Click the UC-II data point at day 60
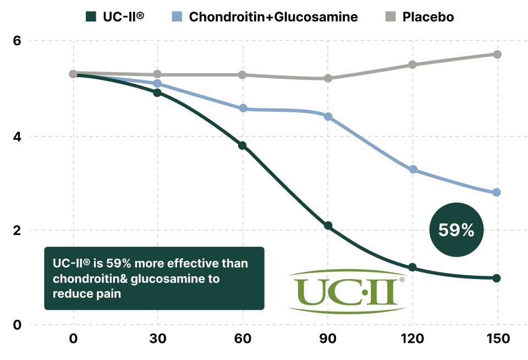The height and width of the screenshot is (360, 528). (x=242, y=145)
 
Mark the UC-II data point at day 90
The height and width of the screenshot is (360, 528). (x=328, y=226)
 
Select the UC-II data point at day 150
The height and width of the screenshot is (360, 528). (x=497, y=278)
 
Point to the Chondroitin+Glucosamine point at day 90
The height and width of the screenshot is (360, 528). (x=328, y=117)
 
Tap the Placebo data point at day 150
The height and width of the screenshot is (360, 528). (x=497, y=54)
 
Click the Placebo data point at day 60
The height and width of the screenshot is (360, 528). (x=242, y=75)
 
